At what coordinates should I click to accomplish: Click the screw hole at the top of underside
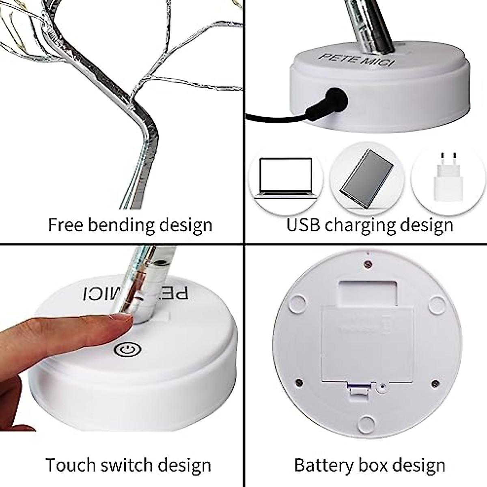(368, 263)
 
